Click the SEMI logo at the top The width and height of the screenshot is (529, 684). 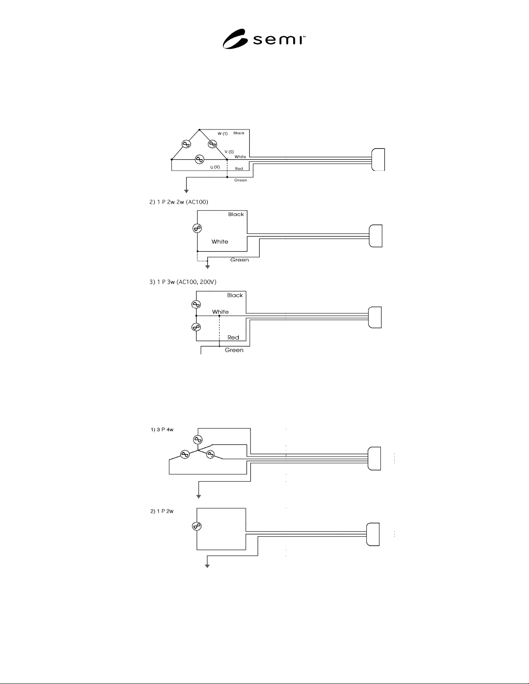[x=264, y=39]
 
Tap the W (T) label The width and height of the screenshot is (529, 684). [x=222, y=134]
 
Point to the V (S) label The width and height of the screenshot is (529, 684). [x=229, y=152]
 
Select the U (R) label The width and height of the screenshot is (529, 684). [x=215, y=167]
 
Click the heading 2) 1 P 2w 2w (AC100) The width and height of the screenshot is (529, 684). [x=178, y=202]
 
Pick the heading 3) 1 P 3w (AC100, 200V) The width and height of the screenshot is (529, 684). [x=183, y=282]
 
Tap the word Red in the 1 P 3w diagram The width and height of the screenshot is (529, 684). [x=233, y=337]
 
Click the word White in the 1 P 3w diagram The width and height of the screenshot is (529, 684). [x=220, y=312]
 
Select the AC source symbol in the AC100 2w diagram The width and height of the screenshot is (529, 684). [x=197, y=228]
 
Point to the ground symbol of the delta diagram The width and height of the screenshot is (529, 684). [x=187, y=191]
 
